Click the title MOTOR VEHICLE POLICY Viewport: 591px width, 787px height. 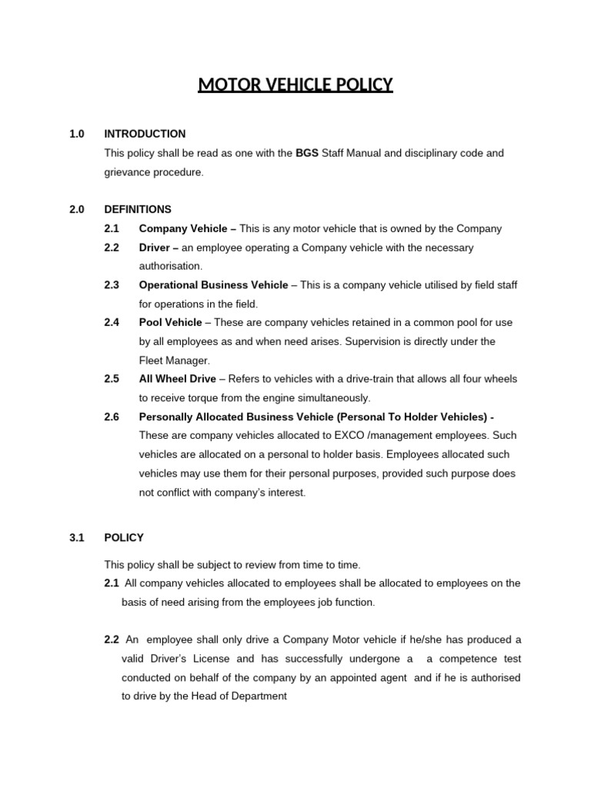coord(295,84)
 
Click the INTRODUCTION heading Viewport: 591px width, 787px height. coord(145,134)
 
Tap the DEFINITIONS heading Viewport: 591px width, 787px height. coord(138,209)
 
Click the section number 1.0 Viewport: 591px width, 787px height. coord(76,134)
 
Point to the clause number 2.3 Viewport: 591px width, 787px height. coord(112,284)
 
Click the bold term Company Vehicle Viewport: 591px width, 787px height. coord(182,228)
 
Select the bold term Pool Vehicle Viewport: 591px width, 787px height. coord(170,322)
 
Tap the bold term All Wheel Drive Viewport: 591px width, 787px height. coord(177,379)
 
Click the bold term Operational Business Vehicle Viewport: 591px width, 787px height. coord(213,284)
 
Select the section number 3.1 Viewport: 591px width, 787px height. coord(76,537)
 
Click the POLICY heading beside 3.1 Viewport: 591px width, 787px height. coord(124,537)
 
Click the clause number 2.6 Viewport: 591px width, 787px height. coord(112,417)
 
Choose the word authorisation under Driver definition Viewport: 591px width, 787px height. coord(170,266)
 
